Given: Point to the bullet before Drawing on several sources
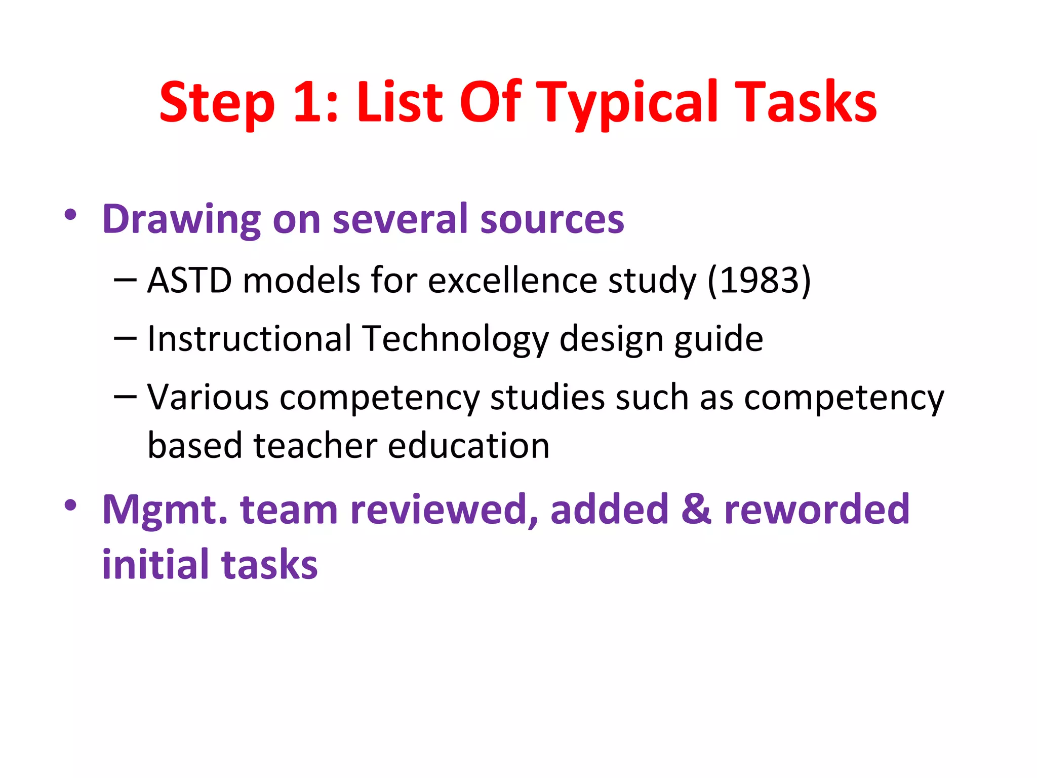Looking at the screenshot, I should (70, 215).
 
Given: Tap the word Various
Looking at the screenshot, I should (208, 397).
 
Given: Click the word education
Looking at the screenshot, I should (469, 446).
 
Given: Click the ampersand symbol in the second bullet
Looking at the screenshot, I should (696, 510).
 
